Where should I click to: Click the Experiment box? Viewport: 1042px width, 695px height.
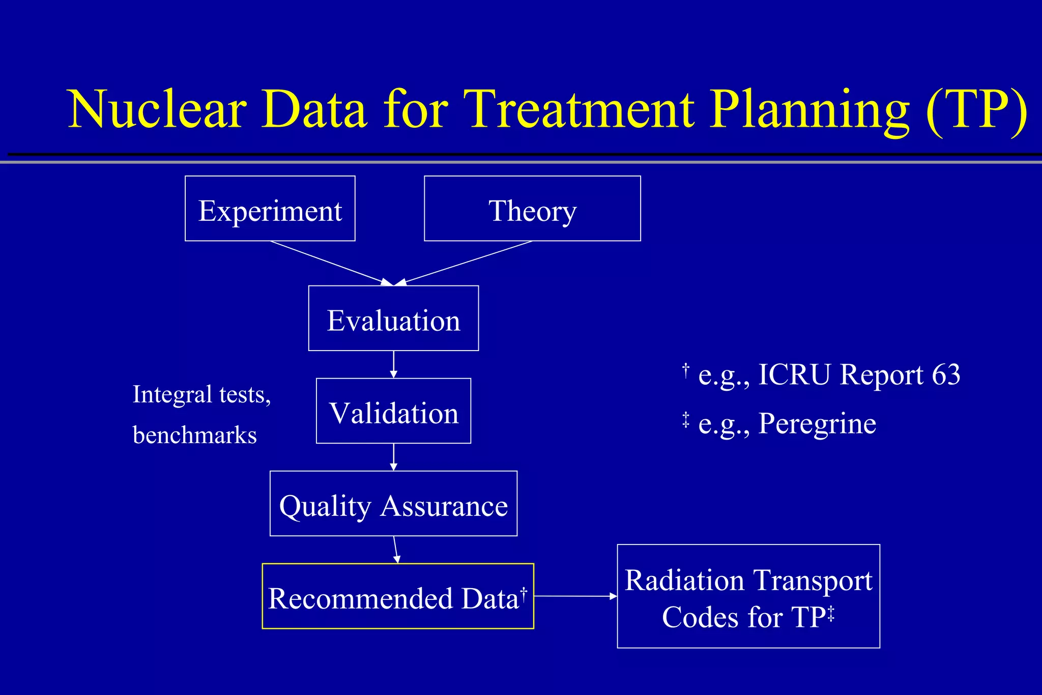coord(270,209)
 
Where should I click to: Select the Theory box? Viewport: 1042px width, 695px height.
coord(532,209)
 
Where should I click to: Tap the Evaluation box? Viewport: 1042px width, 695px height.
coord(393,318)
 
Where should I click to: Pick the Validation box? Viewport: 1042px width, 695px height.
coord(393,411)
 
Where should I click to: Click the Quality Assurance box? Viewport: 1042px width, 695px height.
coord(393,504)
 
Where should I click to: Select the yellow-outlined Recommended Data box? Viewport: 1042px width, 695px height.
coord(397,596)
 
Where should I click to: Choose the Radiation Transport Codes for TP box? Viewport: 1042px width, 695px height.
coord(748,596)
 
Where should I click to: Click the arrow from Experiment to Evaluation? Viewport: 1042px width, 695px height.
coord(331,263)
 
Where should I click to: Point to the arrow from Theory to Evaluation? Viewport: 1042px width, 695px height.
coord(466,263)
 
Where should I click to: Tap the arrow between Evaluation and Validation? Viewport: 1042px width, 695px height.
coord(393,364)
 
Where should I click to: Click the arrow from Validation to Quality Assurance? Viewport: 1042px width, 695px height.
coord(393,457)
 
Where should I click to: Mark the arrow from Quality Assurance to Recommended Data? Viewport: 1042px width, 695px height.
coord(396,549)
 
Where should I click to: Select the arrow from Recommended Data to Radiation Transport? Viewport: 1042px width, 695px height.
coord(575,596)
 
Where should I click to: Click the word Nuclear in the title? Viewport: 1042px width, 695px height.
coord(158,109)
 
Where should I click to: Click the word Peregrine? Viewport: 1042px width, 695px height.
coord(817,423)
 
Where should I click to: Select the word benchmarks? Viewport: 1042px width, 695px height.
coord(194,435)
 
